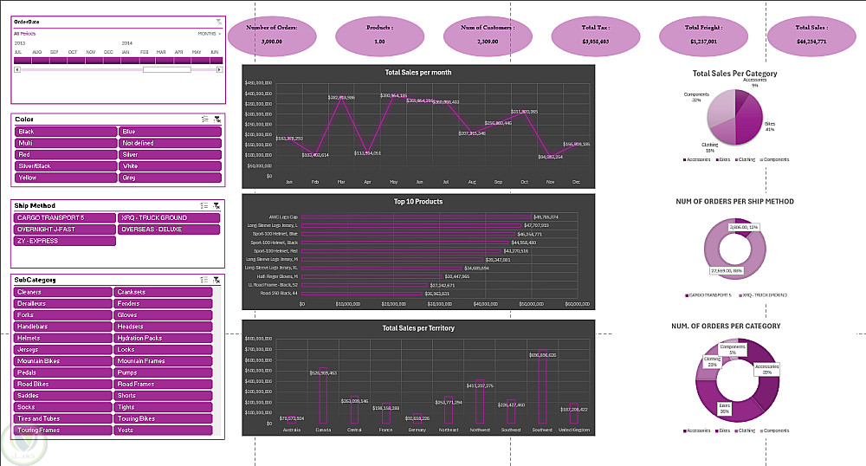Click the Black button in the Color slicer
click(66, 131)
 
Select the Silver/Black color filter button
click(66, 165)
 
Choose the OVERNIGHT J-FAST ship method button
click(66, 230)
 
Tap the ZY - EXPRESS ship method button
click(66, 241)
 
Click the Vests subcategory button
click(164, 430)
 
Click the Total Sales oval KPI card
click(811, 34)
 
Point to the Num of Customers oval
click(486, 34)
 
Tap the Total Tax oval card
click(595, 34)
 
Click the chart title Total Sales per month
click(418, 73)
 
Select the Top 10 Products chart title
click(418, 201)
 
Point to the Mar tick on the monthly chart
click(341, 182)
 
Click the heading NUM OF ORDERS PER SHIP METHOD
click(734, 201)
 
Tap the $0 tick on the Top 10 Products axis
click(302, 304)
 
